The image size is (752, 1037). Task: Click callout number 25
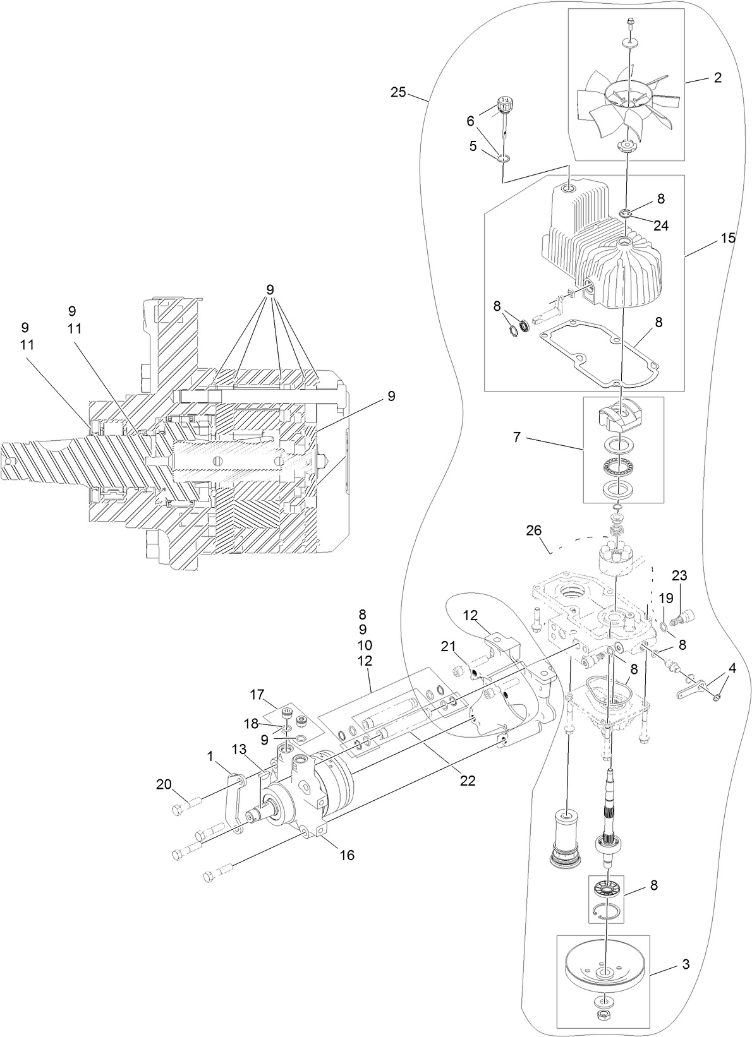pos(398,92)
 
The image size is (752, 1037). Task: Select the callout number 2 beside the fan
pos(717,78)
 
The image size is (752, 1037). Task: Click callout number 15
pos(727,238)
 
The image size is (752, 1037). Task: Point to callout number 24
pos(660,225)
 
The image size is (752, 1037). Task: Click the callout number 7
pos(517,436)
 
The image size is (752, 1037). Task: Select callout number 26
pos(534,530)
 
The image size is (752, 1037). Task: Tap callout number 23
pos(679,575)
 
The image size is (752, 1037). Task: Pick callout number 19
pos(666,597)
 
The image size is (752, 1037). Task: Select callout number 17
pos(257,694)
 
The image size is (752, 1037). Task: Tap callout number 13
pos(239,749)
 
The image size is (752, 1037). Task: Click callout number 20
pos(164,784)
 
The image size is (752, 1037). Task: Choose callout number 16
pos(346,855)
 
